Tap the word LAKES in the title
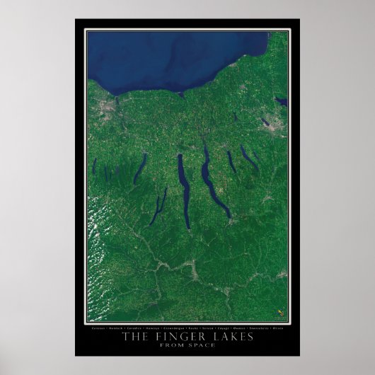pos(231,337)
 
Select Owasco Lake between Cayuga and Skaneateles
pos(231,162)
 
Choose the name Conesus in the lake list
pos(98,328)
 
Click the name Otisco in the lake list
pos(277,328)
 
